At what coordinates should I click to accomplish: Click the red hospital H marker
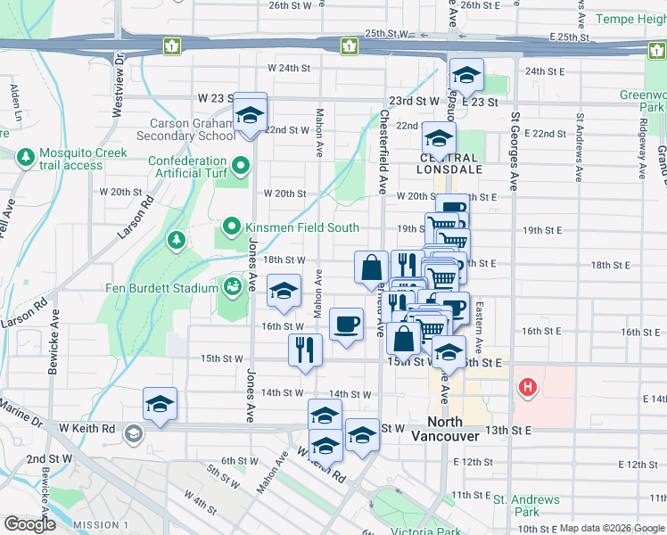(528, 387)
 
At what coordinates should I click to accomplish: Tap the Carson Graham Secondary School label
(186, 130)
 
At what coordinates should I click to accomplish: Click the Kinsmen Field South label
(303, 227)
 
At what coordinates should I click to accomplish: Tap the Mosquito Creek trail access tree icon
(25, 158)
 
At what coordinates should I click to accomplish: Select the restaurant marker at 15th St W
(305, 349)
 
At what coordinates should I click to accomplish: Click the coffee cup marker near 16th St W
(346, 323)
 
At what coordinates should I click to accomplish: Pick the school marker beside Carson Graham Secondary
(250, 115)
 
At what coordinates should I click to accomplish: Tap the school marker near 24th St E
(465, 77)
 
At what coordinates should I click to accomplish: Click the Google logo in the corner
(30, 524)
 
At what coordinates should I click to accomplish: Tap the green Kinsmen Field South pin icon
(232, 227)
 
